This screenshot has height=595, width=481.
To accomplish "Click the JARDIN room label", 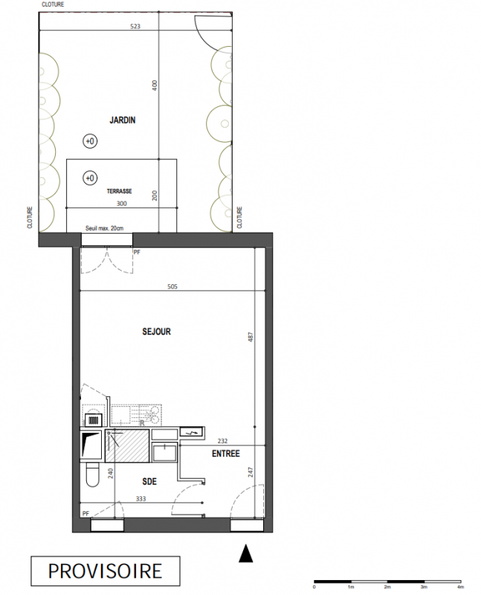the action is tap(122, 120).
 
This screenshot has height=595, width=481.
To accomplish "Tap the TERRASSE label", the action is tap(119, 191).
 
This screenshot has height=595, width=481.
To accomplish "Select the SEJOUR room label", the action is tap(156, 332).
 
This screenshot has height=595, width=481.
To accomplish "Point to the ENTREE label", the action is tap(226, 454).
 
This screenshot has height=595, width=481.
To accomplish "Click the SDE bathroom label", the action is tap(149, 481).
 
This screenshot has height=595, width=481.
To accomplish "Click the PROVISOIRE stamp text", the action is tap(105, 571).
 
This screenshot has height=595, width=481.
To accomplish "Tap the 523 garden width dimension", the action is tap(135, 26).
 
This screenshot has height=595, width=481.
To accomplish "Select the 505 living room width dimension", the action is tap(172, 286).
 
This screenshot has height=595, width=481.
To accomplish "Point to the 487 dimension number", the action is tap(251, 337).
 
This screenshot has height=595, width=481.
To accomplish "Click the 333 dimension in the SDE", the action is tap(141, 498).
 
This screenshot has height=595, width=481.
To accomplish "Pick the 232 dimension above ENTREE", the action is tap(222, 441).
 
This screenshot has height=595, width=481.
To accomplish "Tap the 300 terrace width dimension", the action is tap(121, 204).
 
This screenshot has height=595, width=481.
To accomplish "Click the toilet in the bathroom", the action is tap(92, 475).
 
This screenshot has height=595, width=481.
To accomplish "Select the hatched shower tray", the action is tap(127, 446).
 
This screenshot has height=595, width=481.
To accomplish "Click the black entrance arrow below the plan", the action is tap(245, 553).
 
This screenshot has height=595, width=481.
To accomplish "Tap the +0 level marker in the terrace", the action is tap(90, 178).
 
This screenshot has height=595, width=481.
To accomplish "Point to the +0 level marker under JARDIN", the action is tap(90, 141).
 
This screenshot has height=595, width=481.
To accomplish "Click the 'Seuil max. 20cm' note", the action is tap(104, 228).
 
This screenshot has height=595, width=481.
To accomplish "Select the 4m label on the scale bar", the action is tap(460, 587).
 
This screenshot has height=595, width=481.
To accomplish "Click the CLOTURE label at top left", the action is tap(53, 4).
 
